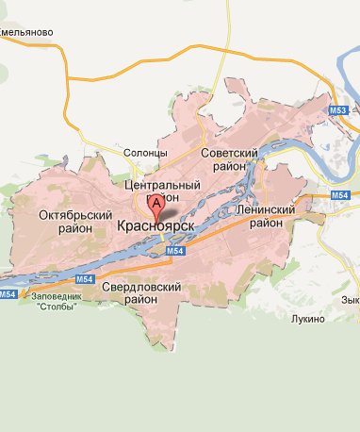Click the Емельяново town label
point(25,33)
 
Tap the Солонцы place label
point(145,153)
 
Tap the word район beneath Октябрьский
point(74,228)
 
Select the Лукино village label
point(307,319)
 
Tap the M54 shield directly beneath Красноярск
point(173,253)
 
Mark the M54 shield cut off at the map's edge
point(8,295)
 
